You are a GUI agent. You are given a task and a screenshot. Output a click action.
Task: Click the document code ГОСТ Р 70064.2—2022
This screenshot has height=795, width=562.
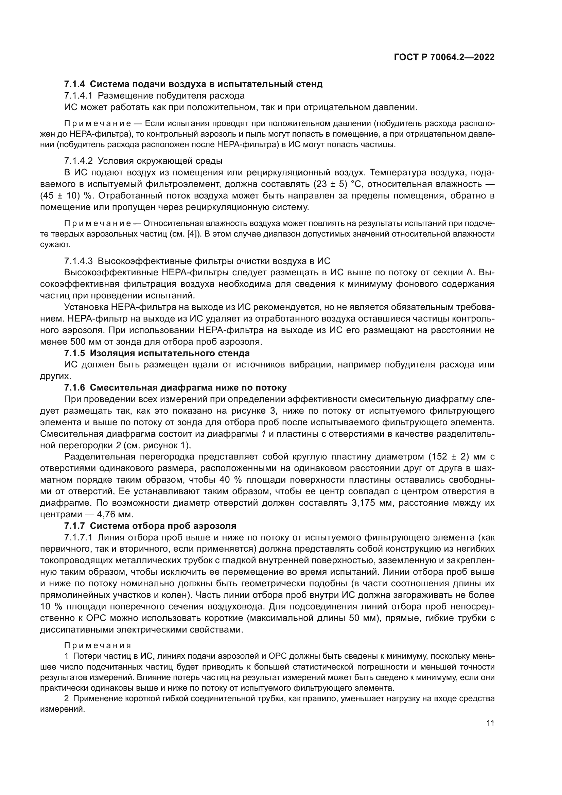pyautogui.click(x=444, y=57)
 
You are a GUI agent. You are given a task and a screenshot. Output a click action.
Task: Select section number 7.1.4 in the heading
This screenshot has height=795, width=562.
pyautogui.click(x=74, y=84)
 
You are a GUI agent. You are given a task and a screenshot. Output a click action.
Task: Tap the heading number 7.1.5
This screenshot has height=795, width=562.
pyautogui.click(x=74, y=353)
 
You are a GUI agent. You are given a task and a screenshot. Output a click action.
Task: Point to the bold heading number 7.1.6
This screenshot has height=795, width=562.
pyautogui.click(x=74, y=387)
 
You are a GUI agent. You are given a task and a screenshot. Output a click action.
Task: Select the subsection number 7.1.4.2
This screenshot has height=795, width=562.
pyautogui.click(x=78, y=161)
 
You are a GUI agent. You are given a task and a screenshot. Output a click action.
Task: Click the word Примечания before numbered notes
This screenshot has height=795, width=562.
pyautogui.click(x=98, y=645)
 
